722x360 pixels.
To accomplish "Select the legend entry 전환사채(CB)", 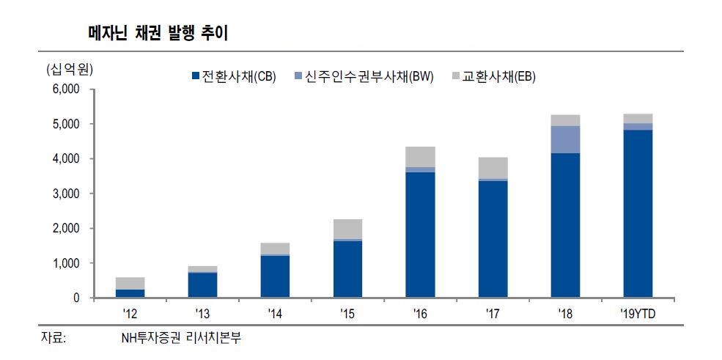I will click(233, 76).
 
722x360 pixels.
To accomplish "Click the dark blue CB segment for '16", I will click(420, 235).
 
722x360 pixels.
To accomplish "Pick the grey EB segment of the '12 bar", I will click(130, 283).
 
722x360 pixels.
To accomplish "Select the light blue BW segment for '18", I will click(565, 139).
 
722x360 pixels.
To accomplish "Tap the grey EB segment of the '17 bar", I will click(493, 168).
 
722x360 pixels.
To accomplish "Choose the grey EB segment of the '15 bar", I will click(347, 229).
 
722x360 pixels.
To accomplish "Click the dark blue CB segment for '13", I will click(202, 285).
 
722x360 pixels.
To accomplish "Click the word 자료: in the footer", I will click(53, 339).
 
